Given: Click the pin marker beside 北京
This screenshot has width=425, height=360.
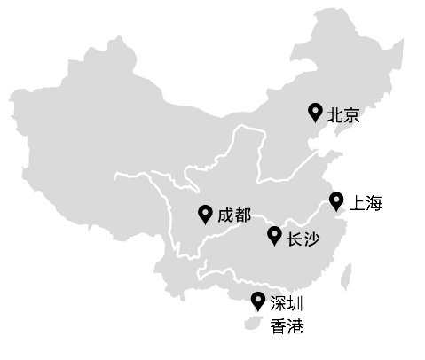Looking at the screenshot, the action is tap(314, 111).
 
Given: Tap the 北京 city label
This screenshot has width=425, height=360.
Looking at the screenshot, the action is tap(343, 115).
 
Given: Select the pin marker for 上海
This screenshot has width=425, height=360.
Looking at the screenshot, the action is tap(336, 201).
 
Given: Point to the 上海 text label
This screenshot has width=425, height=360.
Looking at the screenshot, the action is tap(366, 204).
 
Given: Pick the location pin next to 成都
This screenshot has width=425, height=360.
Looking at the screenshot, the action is tap(206, 214).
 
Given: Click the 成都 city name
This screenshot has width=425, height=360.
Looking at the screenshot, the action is tap(234, 215).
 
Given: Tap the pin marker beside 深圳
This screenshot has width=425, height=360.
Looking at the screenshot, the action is tap(257, 301).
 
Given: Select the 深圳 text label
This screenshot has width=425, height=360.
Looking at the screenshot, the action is tap(287, 303).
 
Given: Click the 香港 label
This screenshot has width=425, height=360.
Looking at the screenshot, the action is tap(287, 326).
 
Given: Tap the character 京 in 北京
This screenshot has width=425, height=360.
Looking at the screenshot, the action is tap(352, 115).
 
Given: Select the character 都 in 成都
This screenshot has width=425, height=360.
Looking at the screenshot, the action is tap(242, 215).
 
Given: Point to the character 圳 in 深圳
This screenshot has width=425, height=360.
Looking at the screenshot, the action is tap(295, 303).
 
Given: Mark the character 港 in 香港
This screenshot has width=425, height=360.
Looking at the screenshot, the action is tap(295, 326).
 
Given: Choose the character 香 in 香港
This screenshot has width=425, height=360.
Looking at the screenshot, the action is tap(279, 326).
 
